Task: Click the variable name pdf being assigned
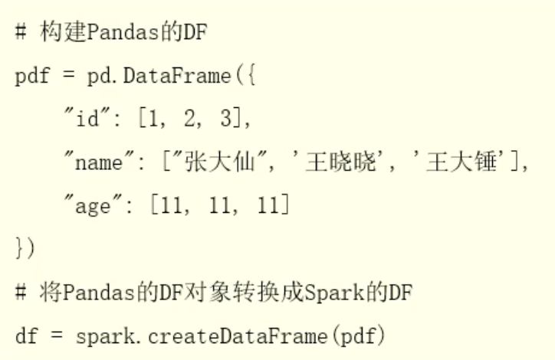tap(31, 77)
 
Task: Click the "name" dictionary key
tap(97, 162)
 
